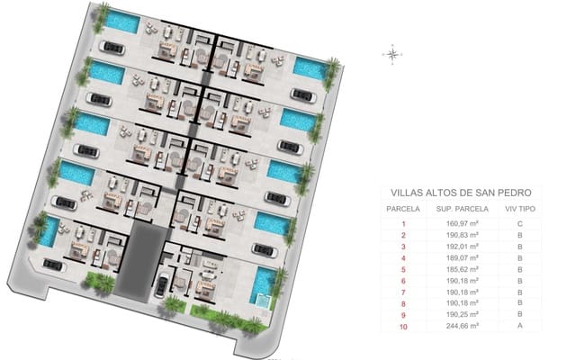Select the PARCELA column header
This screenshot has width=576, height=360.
click(402, 208)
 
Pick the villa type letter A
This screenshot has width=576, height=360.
click(519, 327)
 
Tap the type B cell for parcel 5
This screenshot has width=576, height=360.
click(519, 269)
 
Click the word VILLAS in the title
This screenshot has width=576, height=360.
click(409, 193)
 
